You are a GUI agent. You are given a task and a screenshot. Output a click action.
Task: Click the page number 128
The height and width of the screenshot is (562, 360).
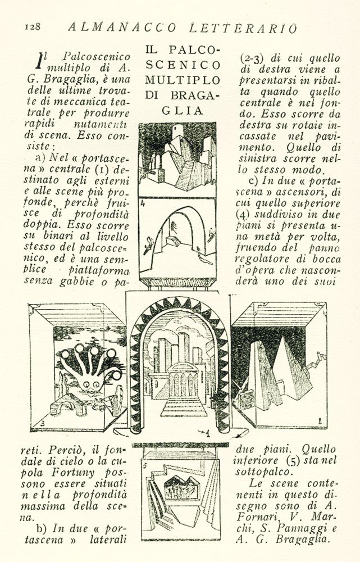[33, 26]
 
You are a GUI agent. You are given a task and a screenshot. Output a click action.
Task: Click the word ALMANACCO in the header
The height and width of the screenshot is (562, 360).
[121, 27]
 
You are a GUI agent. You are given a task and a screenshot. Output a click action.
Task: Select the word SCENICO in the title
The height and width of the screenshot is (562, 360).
[183, 65]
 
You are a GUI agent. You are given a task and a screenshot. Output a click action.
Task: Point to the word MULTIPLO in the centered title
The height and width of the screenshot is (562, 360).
[183, 80]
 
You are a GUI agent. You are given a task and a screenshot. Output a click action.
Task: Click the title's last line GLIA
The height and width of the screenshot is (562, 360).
[183, 111]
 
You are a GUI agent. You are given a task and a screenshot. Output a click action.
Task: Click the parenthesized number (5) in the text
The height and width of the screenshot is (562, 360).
[293, 460]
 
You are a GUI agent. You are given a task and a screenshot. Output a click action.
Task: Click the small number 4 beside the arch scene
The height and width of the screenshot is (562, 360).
[143, 205]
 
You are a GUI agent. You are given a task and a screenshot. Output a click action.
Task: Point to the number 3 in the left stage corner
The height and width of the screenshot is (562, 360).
[43, 423]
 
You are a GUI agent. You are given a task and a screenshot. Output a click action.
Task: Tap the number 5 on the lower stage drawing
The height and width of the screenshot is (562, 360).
[145, 466]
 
